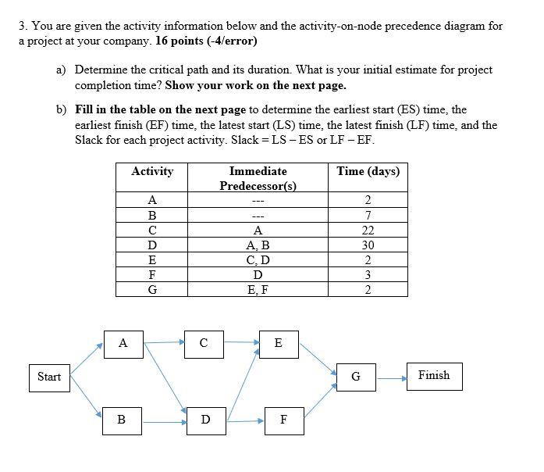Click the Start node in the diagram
point(49,377)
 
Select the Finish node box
point(433,376)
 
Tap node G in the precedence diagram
point(356,377)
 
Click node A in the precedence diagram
point(123,343)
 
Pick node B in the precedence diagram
point(122,420)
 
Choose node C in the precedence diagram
point(204,343)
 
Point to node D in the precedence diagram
point(205,420)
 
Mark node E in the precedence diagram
point(279,343)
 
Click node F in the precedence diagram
point(283,420)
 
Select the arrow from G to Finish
point(392,377)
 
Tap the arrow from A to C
point(163,341)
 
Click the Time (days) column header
point(368,171)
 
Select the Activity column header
point(152,171)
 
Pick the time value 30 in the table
point(368,245)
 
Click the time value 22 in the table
point(368,230)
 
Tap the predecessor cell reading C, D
point(258,259)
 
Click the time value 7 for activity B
point(368,215)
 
